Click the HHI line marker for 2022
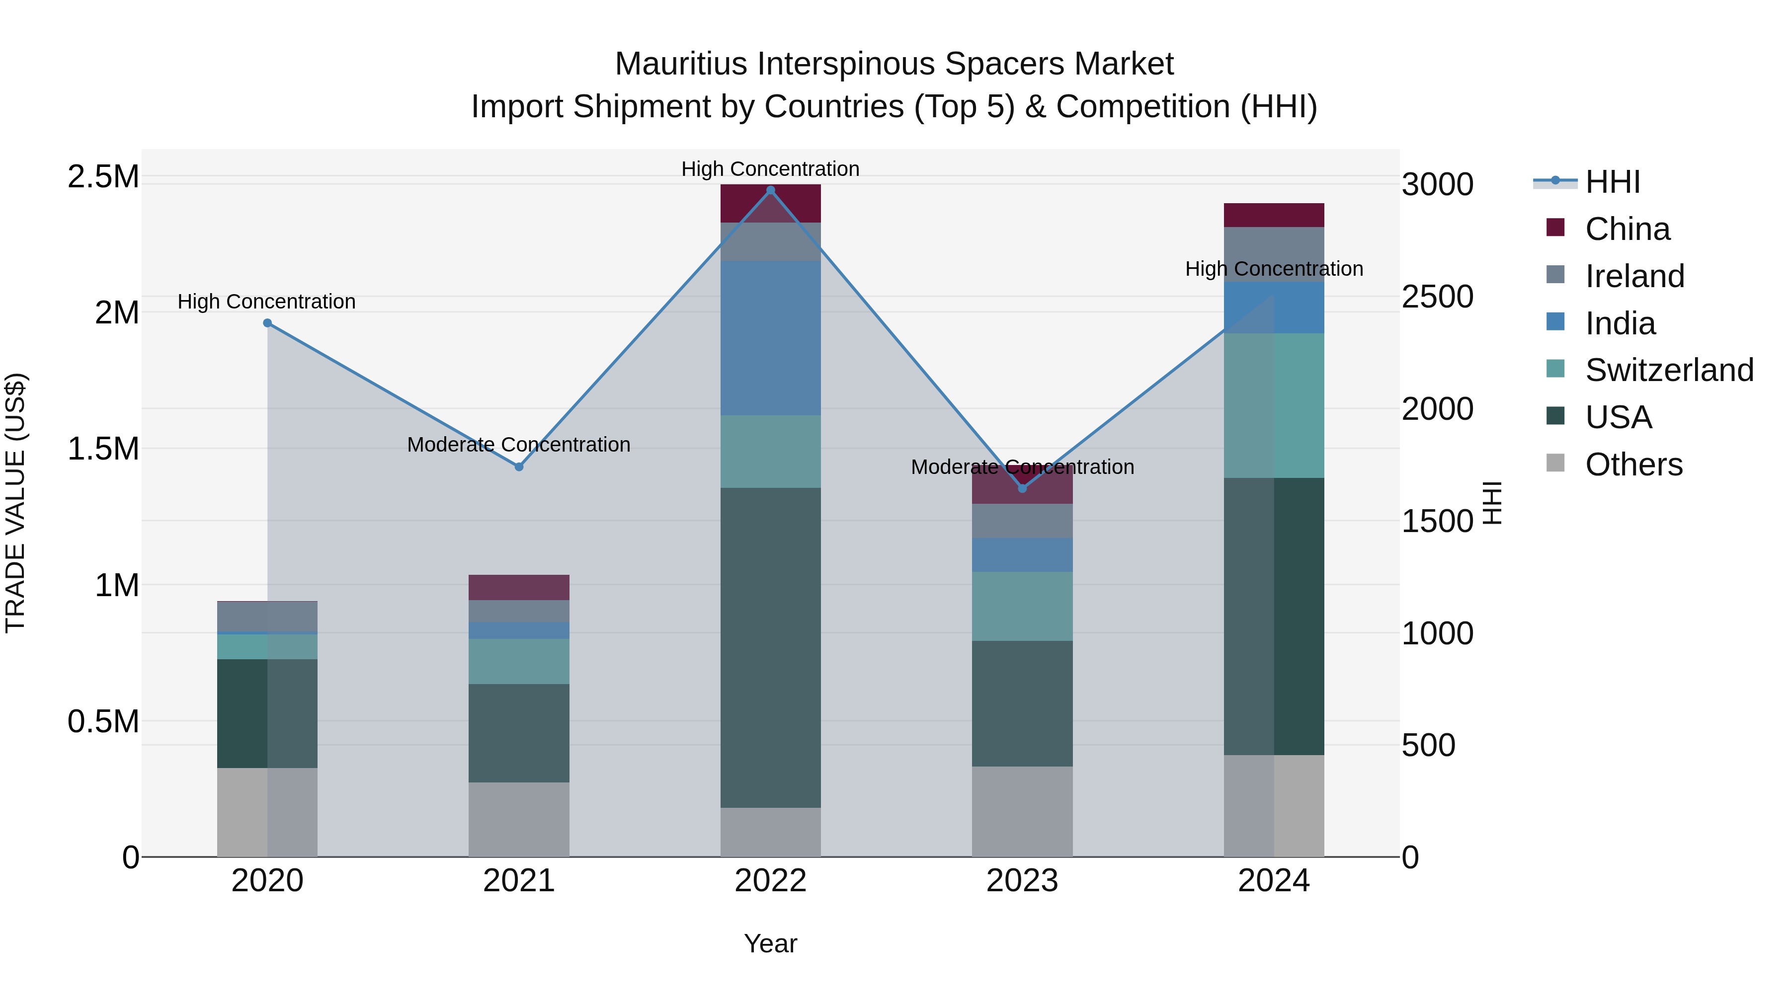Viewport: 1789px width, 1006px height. [770, 190]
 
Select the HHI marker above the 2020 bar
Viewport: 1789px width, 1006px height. [267, 323]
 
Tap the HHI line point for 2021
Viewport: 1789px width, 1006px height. [519, 466]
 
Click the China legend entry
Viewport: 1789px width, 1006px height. [1627, 229]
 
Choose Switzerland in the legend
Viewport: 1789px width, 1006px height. [1669, 370]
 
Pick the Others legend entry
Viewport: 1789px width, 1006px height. [1633, 464]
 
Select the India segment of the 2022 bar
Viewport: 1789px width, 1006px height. [770, 338]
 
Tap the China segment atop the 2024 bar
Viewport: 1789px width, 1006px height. [1274, 215]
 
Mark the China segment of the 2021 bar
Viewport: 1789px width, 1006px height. [519, 587]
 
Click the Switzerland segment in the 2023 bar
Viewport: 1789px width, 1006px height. [1022, 606]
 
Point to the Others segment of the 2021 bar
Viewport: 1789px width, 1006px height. [519, 819]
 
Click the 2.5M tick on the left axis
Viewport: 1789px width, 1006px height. [103, 177]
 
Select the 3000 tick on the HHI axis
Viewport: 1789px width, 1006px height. [1437, 185]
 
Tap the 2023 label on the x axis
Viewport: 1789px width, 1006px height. [1022, 881]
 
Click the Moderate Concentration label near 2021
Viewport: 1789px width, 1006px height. [519, 444]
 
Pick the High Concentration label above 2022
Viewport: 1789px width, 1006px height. [770, 169]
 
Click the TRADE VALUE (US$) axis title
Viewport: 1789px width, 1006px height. [15, 503]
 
